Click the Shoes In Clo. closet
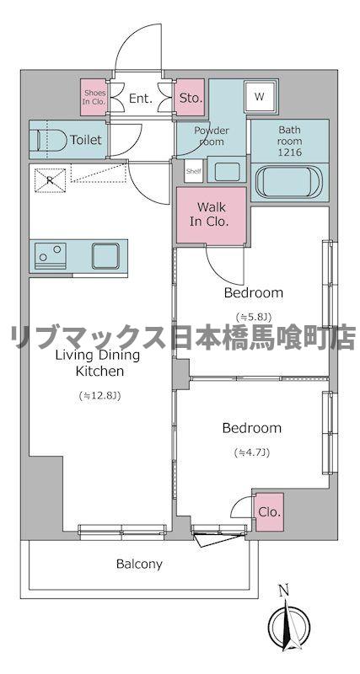tap(94, 98)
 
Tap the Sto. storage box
tap(191, 98)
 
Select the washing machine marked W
tap(259, 97)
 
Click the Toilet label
tap(87, 140)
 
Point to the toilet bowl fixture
tap(48, 140)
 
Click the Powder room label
tap(212, 136)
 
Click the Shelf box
tap(192, 170)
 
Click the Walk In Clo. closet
tap(211, 215)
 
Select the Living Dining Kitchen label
tap(98, 363)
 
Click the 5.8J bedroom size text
tap(252, 317)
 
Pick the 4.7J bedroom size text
tap(251, 452)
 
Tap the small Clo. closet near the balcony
tap(269, 512)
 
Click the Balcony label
tap(139, 564)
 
